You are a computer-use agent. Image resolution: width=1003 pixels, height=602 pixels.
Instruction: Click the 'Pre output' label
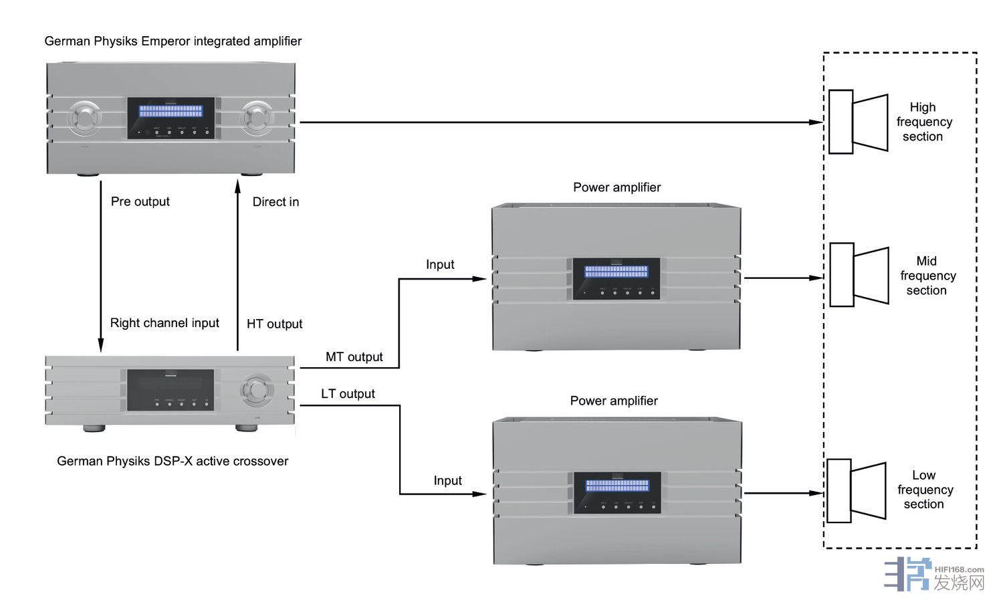click(x=140, y=201)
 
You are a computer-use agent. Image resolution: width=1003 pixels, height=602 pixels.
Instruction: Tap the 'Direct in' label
click(x=275, y=201)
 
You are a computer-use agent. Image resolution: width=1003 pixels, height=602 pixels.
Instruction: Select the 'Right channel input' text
click(x=164, y=323)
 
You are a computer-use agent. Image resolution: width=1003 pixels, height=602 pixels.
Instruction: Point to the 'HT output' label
click(x=274, y=324)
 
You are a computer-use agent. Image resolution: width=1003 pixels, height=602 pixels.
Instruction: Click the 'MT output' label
click(x=354, y=357)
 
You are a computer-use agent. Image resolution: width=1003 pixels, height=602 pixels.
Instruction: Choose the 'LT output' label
click(x=348, y=394)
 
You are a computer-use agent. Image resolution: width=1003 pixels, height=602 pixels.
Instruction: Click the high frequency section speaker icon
click(x=858, y=122)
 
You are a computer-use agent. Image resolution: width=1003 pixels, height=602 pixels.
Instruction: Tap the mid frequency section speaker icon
click(x=859, y=275)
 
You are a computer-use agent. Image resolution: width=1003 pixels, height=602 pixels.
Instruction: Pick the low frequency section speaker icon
click(x=856, y=491)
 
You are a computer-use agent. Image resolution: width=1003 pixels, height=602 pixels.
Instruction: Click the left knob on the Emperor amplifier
click(x=85, y=118)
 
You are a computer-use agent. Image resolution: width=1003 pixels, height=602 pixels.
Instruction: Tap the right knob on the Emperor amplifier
click(x=257, y=118)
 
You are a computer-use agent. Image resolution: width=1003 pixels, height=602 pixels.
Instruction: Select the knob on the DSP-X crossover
click(x=257, y=390)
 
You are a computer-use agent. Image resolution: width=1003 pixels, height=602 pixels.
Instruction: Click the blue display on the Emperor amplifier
click(x=171, y=110)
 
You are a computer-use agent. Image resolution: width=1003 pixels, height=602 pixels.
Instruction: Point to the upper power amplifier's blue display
click(x=616, y=272)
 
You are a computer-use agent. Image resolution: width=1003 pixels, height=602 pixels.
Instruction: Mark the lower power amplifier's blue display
click(x=617, y=486)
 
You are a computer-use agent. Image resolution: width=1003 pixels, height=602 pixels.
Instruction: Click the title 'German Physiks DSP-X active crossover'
click(x=173, y=461)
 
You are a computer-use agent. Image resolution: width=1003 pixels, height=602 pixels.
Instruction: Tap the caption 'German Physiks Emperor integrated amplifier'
click(x=173, y=41)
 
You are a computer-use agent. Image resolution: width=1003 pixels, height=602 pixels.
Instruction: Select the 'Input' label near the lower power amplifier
click(x=447, y=480)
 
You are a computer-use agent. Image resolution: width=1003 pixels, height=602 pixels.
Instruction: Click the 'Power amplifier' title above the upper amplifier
click(x=617, y=187)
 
